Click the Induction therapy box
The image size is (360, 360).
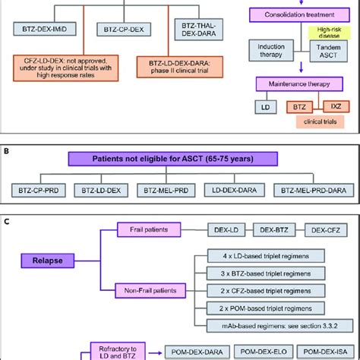tap(273, 71)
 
